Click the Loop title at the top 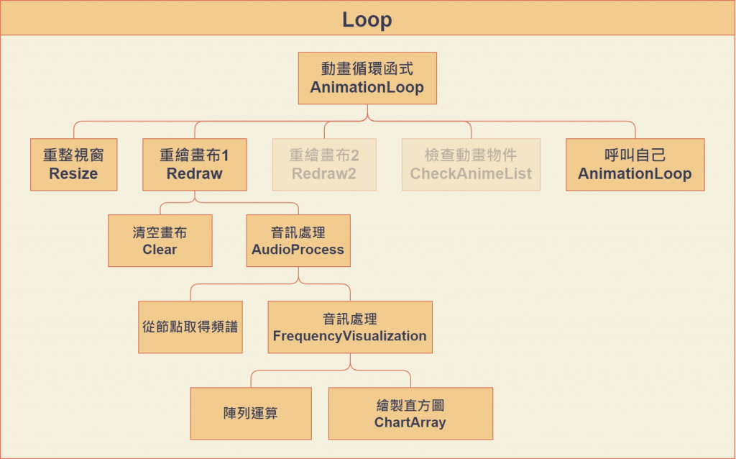367,19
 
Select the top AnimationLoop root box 367,78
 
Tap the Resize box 74,165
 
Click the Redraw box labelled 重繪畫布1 195,165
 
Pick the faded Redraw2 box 324,165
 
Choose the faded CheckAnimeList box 471,165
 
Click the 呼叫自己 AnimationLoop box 635,165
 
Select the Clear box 160,240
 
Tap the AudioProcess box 298,240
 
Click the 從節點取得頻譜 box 190,327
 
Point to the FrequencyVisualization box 350,327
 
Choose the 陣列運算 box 251,414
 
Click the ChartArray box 410,414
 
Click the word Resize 74,174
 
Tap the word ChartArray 410,422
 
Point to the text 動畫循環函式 367,68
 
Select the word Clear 160,250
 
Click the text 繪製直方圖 410,405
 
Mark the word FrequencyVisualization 350,336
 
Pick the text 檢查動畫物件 471,155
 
